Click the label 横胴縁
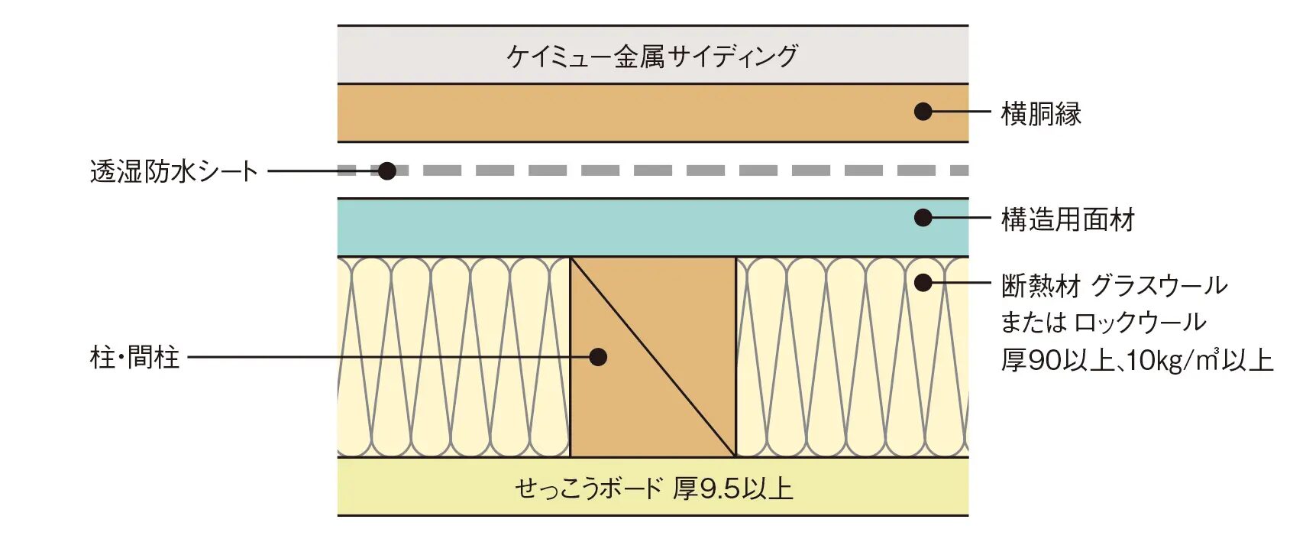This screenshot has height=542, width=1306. coord(1041,114)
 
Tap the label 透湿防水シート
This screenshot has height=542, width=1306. coord(173,171)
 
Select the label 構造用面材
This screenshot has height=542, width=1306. coord(1068,220)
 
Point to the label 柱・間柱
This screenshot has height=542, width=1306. coord(134,357)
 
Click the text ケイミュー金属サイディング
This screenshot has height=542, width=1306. coord(652,57)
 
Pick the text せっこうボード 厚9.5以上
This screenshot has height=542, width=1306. coord(654,488)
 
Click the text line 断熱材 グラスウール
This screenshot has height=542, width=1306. coord(1114,286)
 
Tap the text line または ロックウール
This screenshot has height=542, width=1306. coord(1104,323)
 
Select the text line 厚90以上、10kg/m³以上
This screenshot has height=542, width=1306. coord(1137,360)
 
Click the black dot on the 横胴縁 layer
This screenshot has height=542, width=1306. coord(923,112)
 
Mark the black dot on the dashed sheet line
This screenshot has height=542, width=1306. coord(387,171)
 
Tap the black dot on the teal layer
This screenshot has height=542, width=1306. coord(923,218)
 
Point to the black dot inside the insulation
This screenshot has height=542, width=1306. coord(923,283)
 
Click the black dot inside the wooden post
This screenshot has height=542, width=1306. coord(598,357)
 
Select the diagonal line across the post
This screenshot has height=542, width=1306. coord(653,357)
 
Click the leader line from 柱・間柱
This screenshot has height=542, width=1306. coord(388,357)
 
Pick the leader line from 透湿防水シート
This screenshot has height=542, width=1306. coord(323,171)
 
